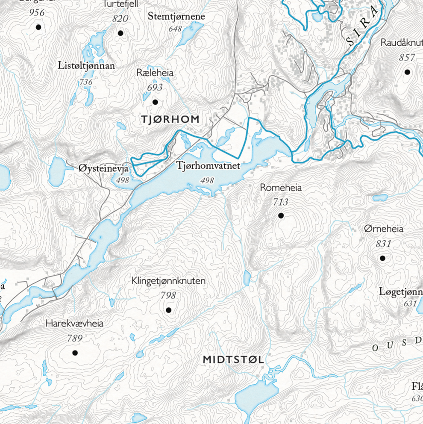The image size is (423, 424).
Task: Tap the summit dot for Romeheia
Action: click(281, 216)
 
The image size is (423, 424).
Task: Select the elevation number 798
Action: click(168, 295)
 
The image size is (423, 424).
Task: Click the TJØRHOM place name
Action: click(170, 120)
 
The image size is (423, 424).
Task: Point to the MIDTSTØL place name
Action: click(233, 360)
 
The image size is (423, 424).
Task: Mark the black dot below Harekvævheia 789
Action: click(75, 353)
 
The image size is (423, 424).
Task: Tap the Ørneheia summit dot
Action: click(382, 258)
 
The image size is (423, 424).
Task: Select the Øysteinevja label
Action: click(104, 168)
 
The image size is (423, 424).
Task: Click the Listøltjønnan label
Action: click(86, 66)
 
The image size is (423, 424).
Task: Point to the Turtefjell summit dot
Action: click(120, 33)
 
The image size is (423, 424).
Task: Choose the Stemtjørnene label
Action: click(176, 17)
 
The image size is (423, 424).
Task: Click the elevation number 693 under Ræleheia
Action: click(155, 88)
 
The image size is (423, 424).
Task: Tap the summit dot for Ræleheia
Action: click(155, 102)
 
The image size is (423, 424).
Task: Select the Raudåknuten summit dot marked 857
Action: click(407, 72)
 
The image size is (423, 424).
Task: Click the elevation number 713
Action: click(280, 202)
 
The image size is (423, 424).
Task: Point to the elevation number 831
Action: click(383, 244)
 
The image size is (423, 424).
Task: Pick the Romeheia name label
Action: click(281, 188)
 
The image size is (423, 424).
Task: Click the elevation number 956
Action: click(37, 12)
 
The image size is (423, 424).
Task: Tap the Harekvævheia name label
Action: click(74, 324)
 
